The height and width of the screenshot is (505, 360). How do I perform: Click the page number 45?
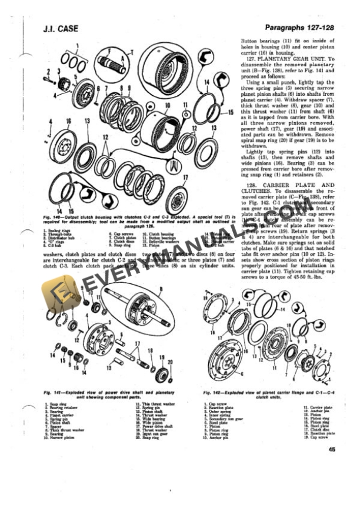click(332, 450)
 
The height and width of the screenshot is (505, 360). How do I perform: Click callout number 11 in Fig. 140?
click(185, 107)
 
